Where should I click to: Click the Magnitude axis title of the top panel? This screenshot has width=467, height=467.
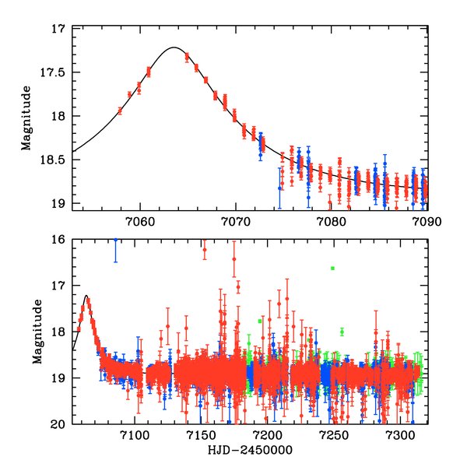click(x=26, y=117)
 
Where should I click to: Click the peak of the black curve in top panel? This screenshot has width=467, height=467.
click(x=174, y=47)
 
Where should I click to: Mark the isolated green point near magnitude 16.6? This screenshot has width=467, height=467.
click(x=332, y=269)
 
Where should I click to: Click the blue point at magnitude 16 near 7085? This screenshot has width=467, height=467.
click(x=115, y=241)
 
